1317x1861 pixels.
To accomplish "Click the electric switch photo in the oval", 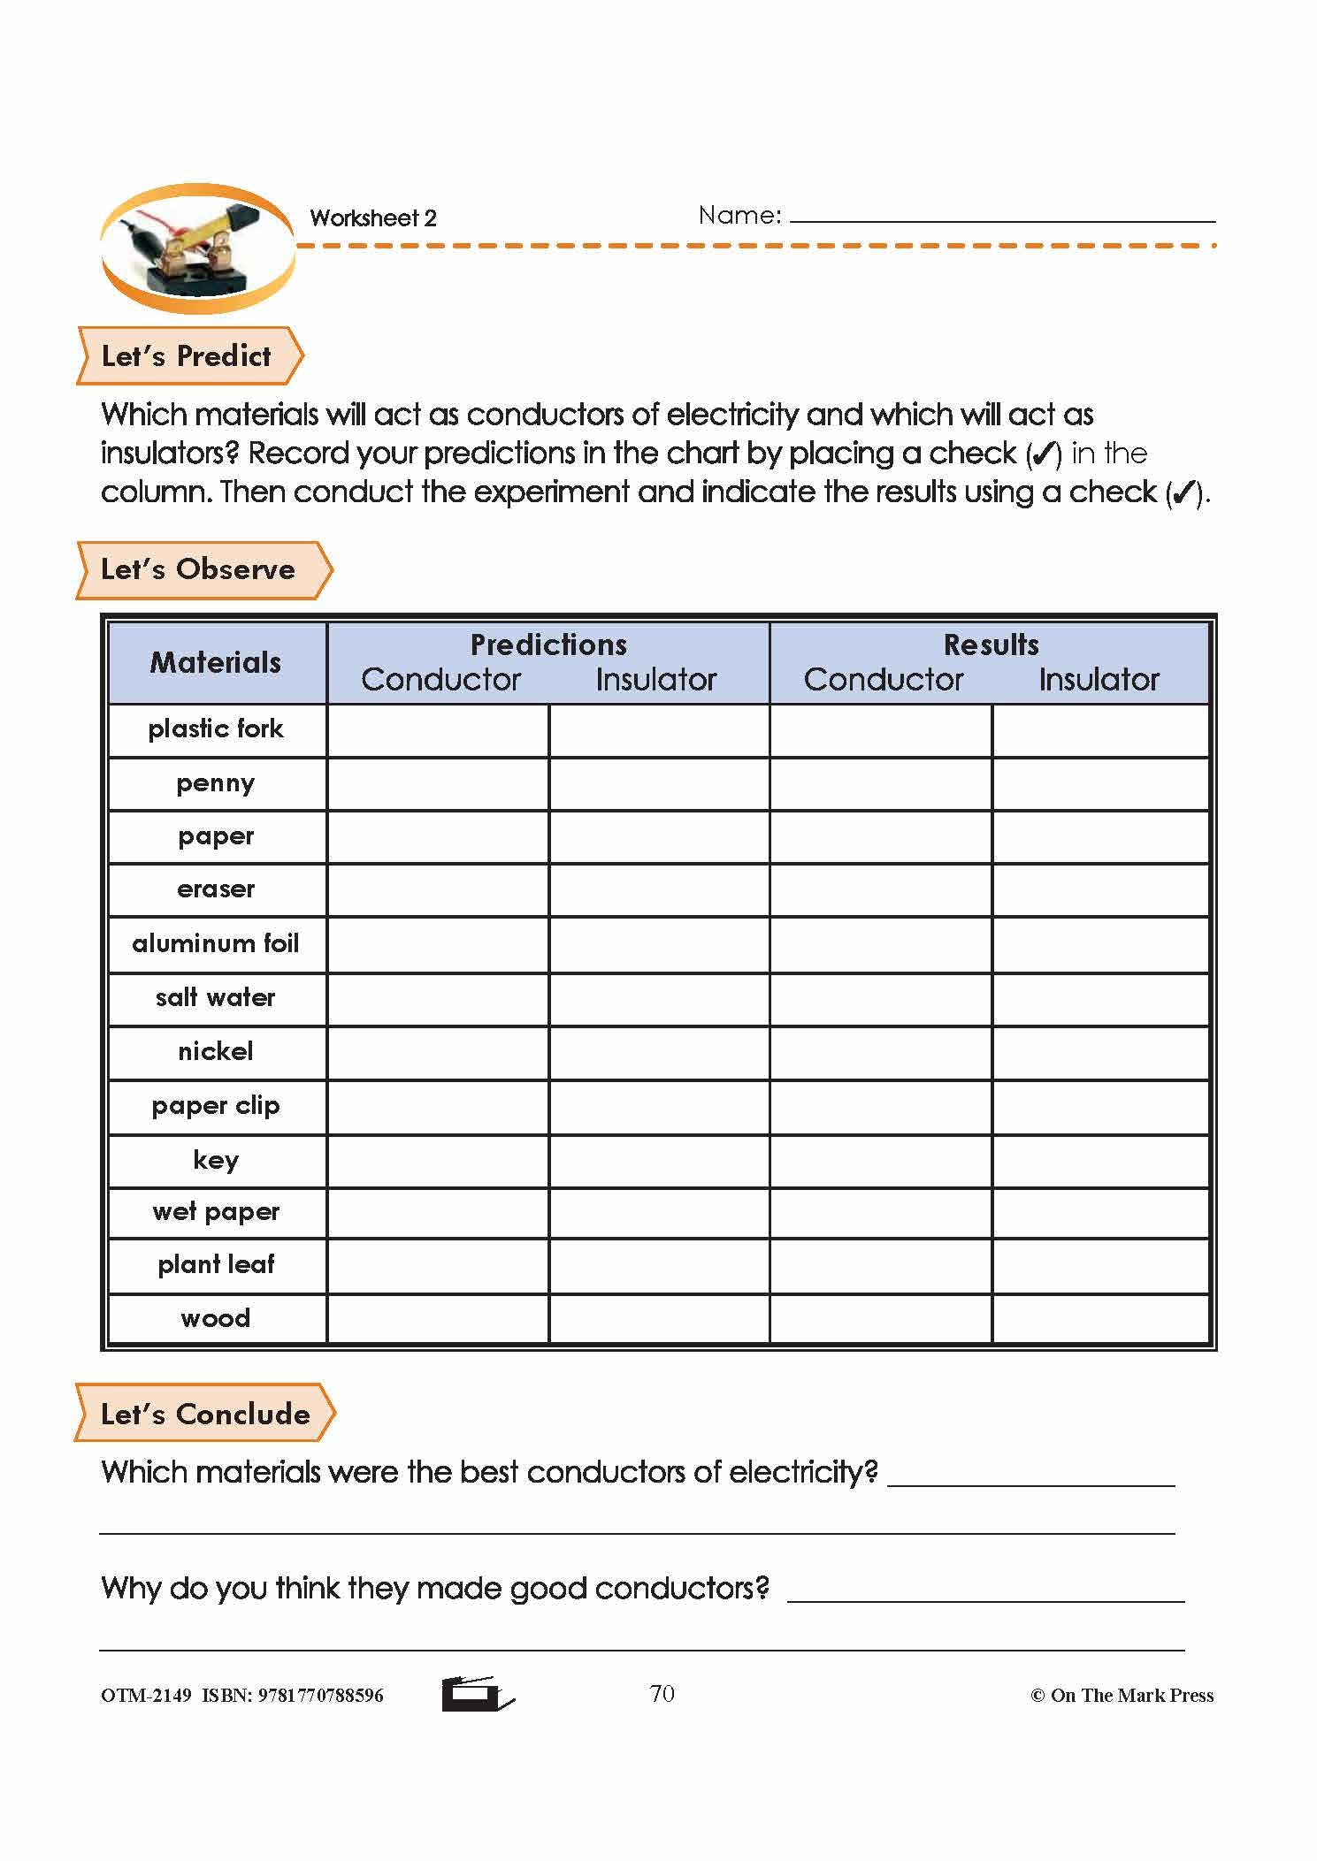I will point(197,248).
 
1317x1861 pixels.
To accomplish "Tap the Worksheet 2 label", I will point(373,218).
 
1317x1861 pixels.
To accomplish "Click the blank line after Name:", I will point(1002,216).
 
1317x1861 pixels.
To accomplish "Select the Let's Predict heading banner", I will point(188,356).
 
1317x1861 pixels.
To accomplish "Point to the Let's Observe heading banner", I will point(200,569).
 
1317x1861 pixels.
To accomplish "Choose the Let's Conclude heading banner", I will point(204,1414).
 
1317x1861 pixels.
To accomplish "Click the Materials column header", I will point(216,662).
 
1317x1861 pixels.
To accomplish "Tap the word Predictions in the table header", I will point(548,644).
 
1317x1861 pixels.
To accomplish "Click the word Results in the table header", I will point(991,644).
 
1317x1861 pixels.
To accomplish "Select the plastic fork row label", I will point(216,729).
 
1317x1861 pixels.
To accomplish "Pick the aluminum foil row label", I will point(216,944).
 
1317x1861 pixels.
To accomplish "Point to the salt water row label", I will point(216,998).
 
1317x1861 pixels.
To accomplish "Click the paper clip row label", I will point(216,1106).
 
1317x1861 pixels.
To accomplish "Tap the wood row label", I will point(216,1319).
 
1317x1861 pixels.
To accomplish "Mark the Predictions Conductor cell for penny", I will point(438,784).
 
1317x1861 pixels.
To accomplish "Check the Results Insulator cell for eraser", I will point(1100,890).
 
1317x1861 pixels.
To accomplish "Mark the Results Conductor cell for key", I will point(881,1161).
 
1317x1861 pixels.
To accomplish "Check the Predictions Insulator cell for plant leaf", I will point(659,1266).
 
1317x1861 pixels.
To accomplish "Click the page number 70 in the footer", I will point(662,1693).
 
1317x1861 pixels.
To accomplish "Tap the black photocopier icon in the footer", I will point(477,1693).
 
